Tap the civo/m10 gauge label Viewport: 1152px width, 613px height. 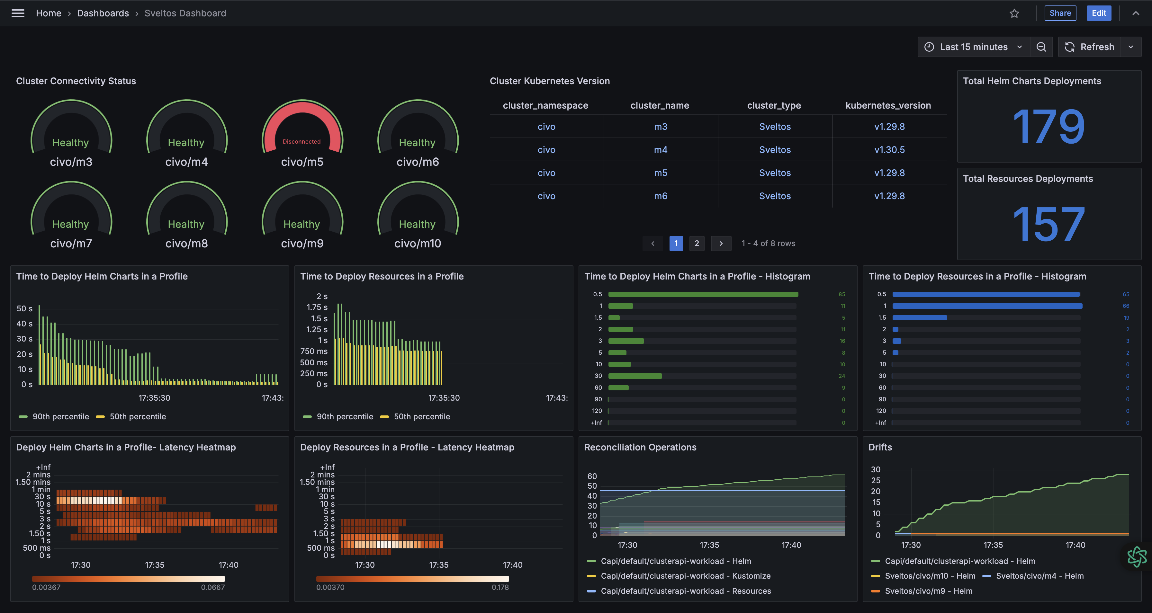(417, 244)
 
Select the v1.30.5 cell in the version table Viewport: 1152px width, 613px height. (889, 150)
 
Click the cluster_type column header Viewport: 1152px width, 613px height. (774, 105)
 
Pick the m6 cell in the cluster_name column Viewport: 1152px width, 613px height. (661, 196)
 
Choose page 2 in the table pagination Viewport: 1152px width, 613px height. (696, 243)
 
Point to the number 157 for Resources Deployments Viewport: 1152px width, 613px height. (1049, 225)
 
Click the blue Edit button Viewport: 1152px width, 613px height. (1098, 13)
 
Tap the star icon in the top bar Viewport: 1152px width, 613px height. (1014, 13)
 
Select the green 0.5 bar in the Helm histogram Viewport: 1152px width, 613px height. (703, 294)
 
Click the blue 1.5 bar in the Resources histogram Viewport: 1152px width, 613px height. (920, 318)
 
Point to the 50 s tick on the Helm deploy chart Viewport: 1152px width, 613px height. (25, 308)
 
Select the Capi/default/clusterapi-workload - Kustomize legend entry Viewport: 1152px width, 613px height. (685, 576)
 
